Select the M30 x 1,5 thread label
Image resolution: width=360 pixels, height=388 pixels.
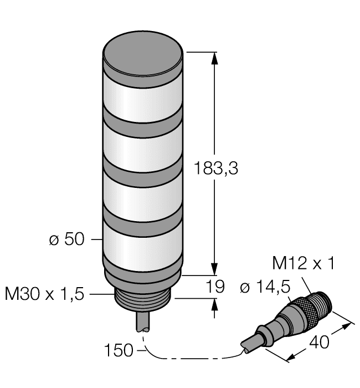pyautogui.click(x=44, y=294)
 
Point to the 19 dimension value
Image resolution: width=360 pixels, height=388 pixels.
pyautogui.click(x=219, y=287)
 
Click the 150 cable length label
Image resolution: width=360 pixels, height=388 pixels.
pyautogui.click(x=119, y=350)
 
